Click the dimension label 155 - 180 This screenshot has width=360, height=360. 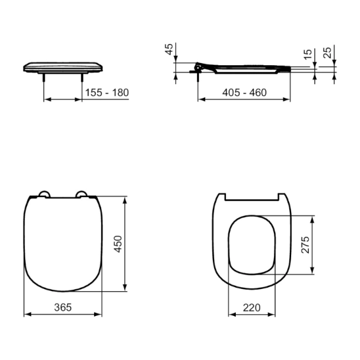[x=107, y=93]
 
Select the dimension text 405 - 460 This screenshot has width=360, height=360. [x=245, y=92]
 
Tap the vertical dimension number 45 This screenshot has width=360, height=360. [x=169, y=49]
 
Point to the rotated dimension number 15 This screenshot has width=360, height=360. [x=308, y=55]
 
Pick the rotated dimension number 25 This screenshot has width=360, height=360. [x=328, y=52]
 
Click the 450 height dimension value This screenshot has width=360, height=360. [x=118, y=244]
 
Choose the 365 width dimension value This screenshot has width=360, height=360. [x=63, y=307]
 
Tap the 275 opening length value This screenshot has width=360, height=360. [x=305, y=245]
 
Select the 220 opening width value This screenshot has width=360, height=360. [x=252, y=308]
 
